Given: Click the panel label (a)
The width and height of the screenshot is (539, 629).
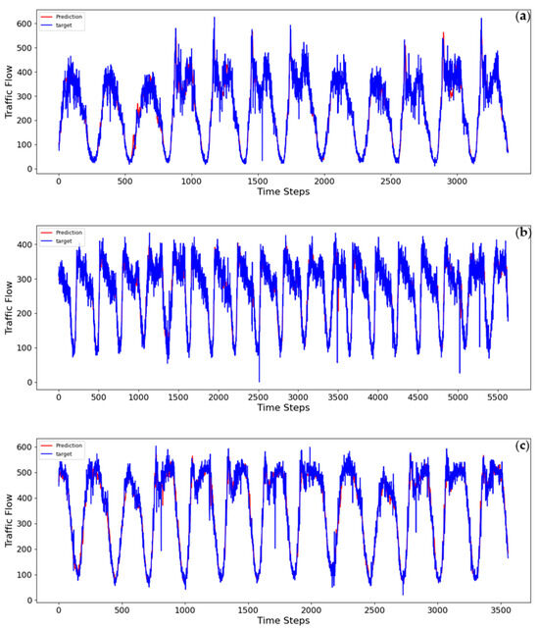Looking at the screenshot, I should click(522, 17).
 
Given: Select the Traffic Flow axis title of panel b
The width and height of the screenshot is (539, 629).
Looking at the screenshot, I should click(9, 309).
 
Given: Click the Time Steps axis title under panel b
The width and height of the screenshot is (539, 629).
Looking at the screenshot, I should click(283, 409).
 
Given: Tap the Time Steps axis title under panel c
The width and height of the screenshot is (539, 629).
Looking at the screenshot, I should click(283, 620).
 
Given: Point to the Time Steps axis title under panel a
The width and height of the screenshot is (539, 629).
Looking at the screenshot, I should click(283, 192).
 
